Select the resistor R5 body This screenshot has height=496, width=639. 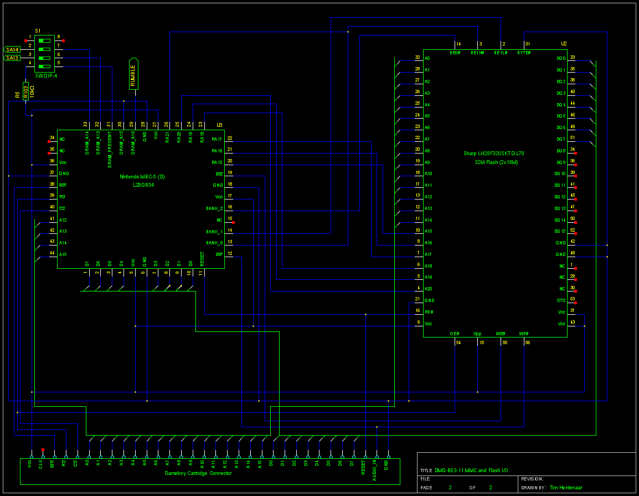pos(25,90)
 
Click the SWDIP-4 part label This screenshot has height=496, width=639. pos(46,75)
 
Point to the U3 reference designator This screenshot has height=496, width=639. pos(219,125)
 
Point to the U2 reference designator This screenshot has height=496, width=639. pos(564,43)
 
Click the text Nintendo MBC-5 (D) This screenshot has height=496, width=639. pos(142,177)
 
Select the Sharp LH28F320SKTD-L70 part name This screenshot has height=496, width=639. pos(493,153)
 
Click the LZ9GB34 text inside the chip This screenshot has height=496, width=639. pos(142,185)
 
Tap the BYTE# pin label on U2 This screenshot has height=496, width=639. pos(524,53)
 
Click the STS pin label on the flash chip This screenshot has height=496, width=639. pos(561,300)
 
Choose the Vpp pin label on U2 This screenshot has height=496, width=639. pos(477,334)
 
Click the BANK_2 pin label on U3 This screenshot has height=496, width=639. pos(214,208)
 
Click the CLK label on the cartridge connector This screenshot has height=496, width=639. pos(41,464)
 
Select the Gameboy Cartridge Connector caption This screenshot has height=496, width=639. pos(198,473)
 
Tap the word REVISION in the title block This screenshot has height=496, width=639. pos(533,479)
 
